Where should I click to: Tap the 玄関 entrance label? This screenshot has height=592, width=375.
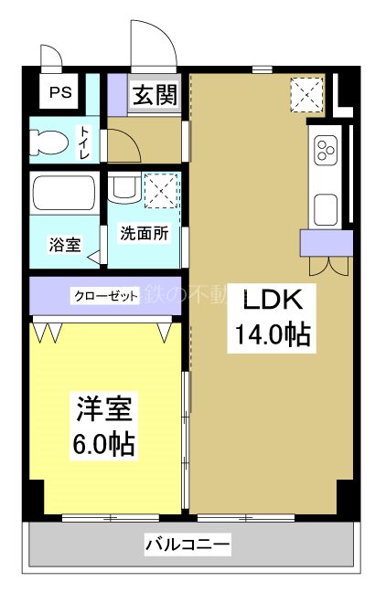(153, 96)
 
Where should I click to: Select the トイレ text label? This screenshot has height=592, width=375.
(85, 143)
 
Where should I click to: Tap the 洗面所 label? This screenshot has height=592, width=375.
(145, 233)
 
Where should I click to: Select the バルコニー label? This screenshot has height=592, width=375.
(187, 546)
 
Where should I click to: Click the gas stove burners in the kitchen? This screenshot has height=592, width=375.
(327, 150)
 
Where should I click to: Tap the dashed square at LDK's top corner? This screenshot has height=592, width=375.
(305, 92)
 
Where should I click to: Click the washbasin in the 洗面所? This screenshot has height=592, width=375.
(123, 191)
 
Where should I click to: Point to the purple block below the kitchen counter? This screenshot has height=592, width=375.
(326, 243)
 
